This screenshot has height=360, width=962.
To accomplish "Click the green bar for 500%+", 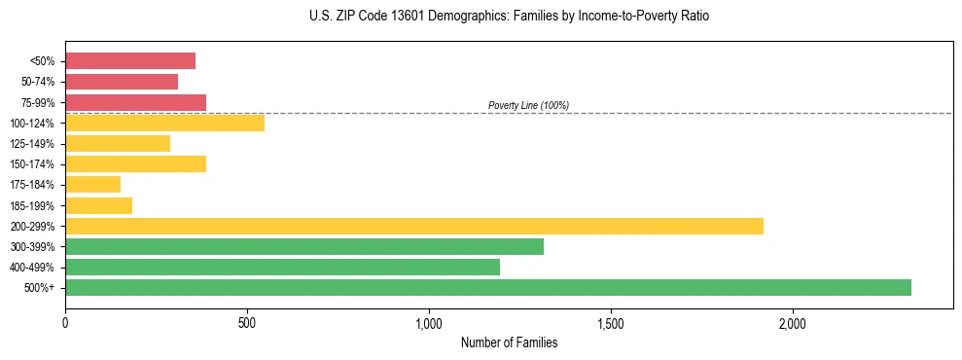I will click(x=488, y=287).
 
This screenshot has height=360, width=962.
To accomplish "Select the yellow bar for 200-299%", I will click(x=414, y=226).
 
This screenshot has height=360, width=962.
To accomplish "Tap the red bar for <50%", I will click(x=130, y=60).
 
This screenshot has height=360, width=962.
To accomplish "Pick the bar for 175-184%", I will click(x=93, y=184).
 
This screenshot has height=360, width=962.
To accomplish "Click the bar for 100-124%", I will click(x=165, y=123).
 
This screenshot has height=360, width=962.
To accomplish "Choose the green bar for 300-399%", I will click(x=304, y=246).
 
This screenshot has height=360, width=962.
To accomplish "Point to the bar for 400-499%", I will click(x=282, y=267).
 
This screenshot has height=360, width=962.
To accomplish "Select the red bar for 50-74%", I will click(x=122, y=81).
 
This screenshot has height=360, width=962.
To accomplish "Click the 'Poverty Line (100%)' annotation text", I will click(x=528, y=105).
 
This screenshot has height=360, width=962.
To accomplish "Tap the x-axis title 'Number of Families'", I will click(x=509, y=342).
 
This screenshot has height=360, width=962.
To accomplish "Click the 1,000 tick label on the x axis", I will click(x=429, y=323).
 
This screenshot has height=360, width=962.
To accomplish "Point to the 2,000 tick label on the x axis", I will click(x=793, y=323).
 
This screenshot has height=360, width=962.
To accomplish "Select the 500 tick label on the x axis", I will click(x=247, y=323).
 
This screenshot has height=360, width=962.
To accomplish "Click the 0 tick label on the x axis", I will click(x=65, y=323).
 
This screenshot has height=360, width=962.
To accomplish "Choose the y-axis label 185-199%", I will click(x=35, y=205).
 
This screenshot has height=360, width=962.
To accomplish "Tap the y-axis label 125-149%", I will click(x=35, y=143).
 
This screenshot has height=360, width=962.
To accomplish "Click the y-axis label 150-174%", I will click(x=35, y=163).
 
